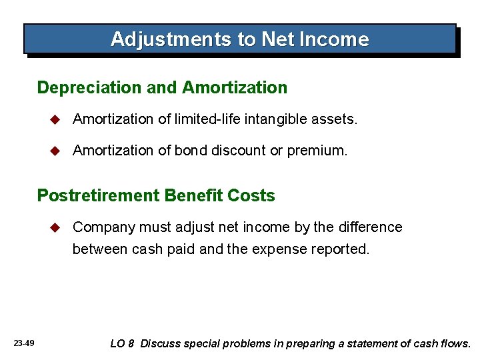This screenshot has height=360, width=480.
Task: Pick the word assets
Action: [x=337, y=119]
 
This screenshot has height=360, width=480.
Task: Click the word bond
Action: [x=191, y=151]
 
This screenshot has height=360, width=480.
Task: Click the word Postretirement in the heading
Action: [x=97, y=195]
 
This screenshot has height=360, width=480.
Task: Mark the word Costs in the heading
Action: [x=251, y=195]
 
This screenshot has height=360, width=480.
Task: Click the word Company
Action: [x=102, y=227]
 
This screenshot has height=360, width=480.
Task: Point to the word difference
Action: [x=370, y=227]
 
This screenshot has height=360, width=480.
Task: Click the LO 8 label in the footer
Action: [x=122, y=344]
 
